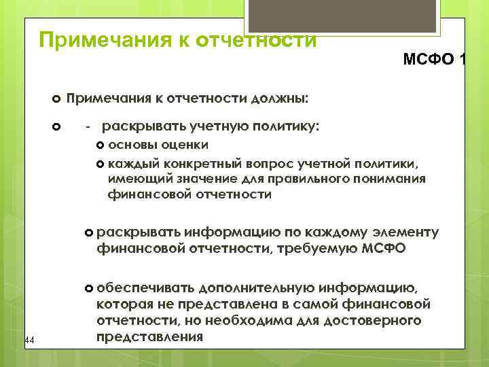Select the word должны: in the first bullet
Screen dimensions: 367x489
(x=280, y=99)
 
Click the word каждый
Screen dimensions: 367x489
(x=132, y=164)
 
